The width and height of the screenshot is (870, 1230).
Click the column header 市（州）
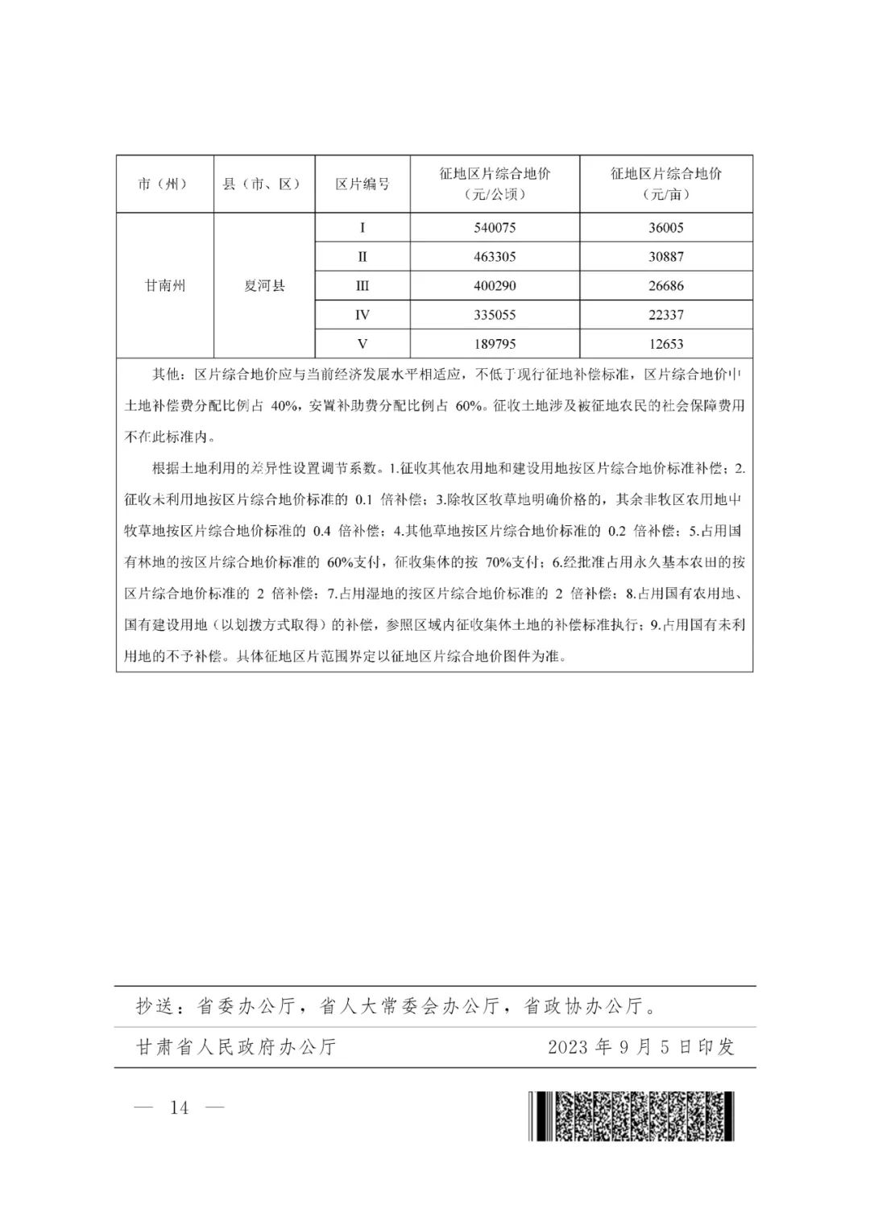[x=164, y=184]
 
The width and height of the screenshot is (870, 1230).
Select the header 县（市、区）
[x=263, y=184]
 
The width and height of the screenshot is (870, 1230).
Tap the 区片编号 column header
[x=362, y=184]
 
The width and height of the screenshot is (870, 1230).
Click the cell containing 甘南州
[x=164, y=286]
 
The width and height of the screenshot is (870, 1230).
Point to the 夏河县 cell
[x=264, y=286]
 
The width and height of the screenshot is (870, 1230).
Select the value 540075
[x=495, y=228]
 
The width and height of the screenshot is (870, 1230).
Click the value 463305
[x=495, y=257]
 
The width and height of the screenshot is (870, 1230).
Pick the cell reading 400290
[x=495, y=286]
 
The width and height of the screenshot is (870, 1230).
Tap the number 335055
[x=495, y=315]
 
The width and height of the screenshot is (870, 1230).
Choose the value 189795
[x=495, y=344]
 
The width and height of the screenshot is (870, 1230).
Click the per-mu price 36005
[x=665, y=228]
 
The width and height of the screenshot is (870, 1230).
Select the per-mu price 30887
[x=665, y=257]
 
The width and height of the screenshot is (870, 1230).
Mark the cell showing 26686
[x=665, y=286]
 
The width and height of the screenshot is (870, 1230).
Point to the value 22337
[x=665, y=315]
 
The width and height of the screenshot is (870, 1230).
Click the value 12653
[x=665, y=344]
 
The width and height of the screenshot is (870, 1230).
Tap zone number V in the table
[x=362, y=344]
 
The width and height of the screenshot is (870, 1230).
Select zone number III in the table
[x=362, y=286]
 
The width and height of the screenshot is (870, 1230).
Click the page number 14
[x=179, y=1108]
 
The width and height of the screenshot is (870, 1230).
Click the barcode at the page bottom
[x=632, y=1116]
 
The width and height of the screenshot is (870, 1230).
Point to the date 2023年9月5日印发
[x=640, y=1047]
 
